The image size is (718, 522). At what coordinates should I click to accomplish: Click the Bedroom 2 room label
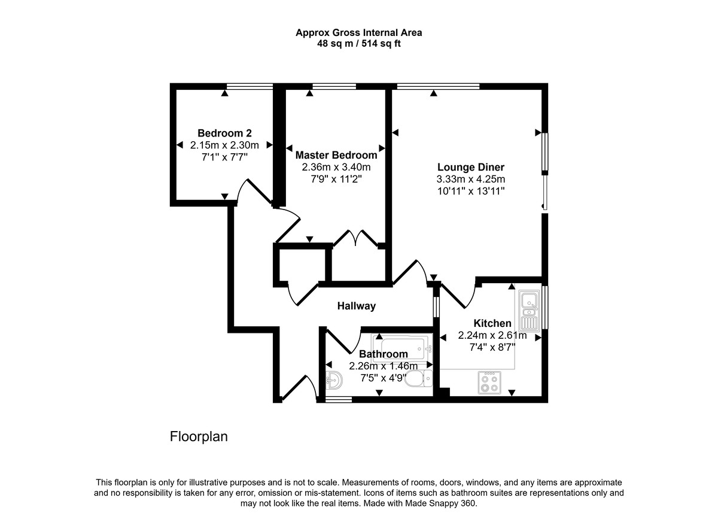tap(224, 133)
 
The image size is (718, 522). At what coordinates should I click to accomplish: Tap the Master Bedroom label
tap(336, 155)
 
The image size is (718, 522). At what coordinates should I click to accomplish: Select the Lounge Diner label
tap(470, 167)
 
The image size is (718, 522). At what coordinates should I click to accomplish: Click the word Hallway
tap(356, 306)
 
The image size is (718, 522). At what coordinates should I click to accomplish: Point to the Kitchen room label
tap(492, 323)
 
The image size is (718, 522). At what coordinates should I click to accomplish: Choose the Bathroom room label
tap(383, 354)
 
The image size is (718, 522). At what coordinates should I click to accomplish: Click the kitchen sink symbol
tap(530, 311)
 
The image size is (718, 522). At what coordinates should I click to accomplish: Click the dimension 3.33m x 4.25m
tap(470, 179)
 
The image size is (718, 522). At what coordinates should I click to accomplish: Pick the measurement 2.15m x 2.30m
tap(224, 145)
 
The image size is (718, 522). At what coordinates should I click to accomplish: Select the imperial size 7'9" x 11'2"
tap(336, 178)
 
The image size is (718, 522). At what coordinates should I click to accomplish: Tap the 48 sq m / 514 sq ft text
tap(359, 44)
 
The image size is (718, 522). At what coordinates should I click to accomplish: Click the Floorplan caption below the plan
tap(199, 437)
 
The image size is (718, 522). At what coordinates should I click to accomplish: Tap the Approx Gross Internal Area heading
tap(359, 33)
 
